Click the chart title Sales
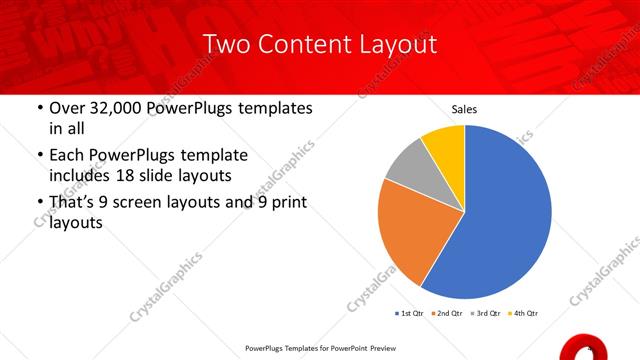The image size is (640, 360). point(464,109)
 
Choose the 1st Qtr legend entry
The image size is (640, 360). point(410,314)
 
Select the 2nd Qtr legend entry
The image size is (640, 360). point(447,314)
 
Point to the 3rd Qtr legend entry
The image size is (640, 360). point(485,314)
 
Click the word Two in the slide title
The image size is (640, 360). point(226,45)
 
